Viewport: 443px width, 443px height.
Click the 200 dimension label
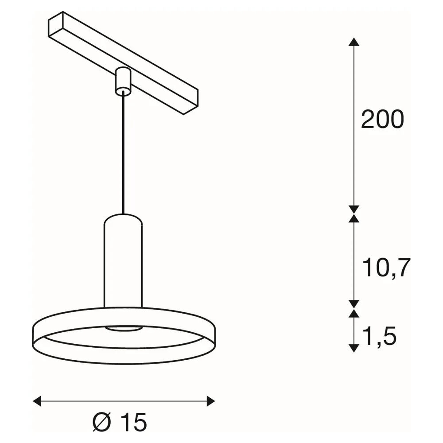[383, 119]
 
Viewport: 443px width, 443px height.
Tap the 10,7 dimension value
[386, 268]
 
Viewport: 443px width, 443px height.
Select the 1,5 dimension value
[380, 336]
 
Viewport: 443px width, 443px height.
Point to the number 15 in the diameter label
[133, 422]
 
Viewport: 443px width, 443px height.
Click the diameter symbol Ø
[101, 422]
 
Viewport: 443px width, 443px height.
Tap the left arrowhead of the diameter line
[37, 401]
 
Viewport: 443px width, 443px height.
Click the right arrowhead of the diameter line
[211, 401]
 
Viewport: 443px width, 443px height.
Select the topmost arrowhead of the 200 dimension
[354, 42]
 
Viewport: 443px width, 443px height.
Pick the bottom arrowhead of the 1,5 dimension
[354, 348]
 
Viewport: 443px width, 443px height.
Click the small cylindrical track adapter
[123, 81]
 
